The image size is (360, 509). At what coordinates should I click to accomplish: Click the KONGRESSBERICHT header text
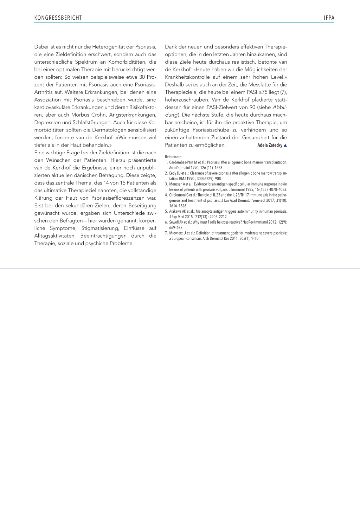pos(58,18)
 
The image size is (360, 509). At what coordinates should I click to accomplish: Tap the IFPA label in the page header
pos(329,18)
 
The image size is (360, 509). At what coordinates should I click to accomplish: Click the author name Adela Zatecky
pos(270,145)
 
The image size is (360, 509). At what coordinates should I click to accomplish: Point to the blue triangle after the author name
pos(285,145)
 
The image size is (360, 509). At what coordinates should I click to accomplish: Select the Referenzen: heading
pos(173,157)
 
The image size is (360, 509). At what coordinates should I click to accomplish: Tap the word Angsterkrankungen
pos(133,115)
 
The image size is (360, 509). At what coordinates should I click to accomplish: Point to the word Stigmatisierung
pos(100,228)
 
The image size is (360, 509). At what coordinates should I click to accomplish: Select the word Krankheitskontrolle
pos(187,77)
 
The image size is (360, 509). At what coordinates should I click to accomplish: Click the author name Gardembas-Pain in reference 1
pos(181,162)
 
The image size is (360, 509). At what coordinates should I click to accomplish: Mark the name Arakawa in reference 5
pos(175,212)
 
